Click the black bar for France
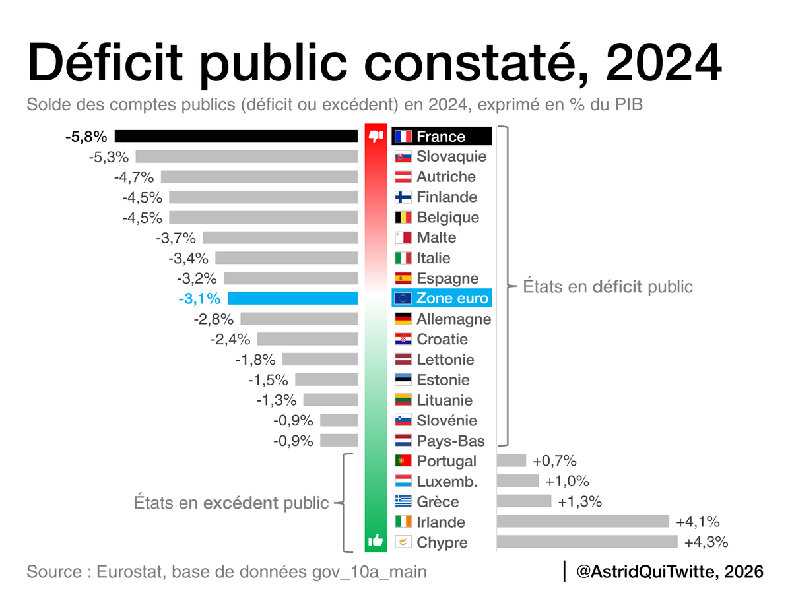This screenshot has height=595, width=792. pyautogui.click(x=236, y=137)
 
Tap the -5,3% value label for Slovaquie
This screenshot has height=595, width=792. pyautogui.click(x=110, y=157)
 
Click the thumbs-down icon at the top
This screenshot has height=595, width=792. pyautogui.click(x=376, y=137)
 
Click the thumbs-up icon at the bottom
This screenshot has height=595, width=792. pyautogui.click(x=376, y=541)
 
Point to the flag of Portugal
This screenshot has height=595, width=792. pyautogui.click(x=403, y=461)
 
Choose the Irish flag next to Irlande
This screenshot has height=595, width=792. pyautogui.click(x=403, y=522)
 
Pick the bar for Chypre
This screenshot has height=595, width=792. pyautogui.click(x=587, y=542)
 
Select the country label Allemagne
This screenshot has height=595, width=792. pyautogui.click(x=454, y=319)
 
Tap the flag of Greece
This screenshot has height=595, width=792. pyautogui.click(x=403, y=501)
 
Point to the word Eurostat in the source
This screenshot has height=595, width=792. pyautogui.click(x=131, y=571)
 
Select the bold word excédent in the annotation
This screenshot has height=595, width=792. pyautogui.click(x=241, y=503)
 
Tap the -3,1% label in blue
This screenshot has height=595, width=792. pyautogui.click(x=199, y=299)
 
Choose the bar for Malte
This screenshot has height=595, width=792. pyautogui.click(x=280, y=238)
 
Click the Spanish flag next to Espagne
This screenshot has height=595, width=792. pyautogui.click(x=403, y=278)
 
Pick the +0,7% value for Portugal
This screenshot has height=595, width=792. pyautogui.click(x=554, y=461)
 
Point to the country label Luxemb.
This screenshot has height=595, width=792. pyautogui.click(x=447, y=482)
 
